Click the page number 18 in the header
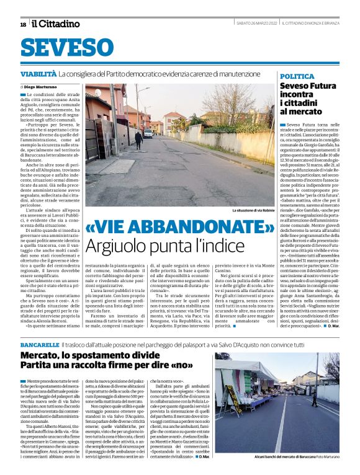coord(23,24)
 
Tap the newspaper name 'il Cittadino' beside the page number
coord(56,24)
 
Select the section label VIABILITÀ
coord(38,74)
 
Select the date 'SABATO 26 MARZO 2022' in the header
coord(256,24)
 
